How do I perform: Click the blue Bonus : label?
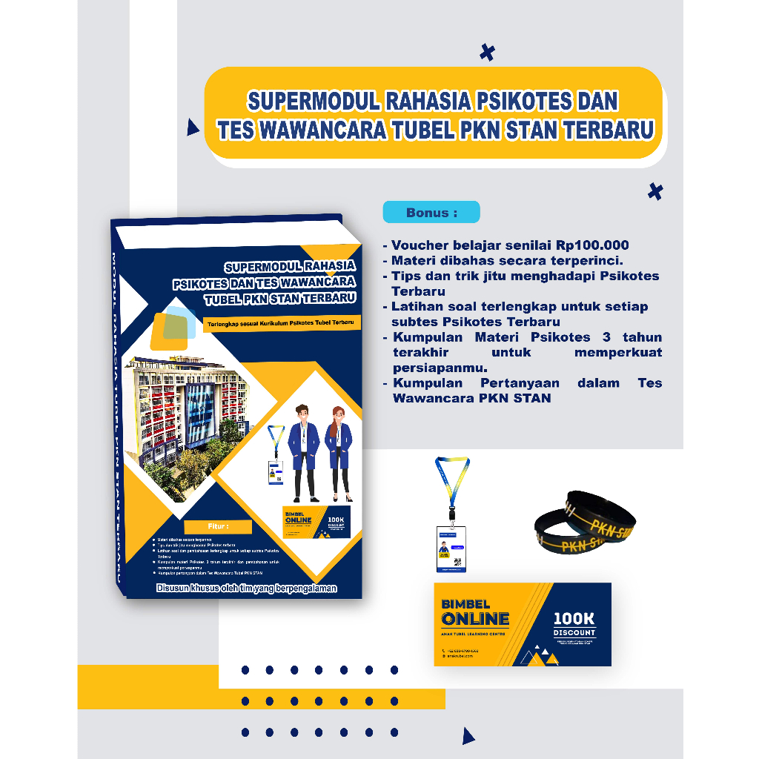pyautogui.click(x=431, y=213)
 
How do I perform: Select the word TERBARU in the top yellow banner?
pyautogui.click(x=609, y=130)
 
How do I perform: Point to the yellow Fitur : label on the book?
pyautogui.click(x=218, y=527)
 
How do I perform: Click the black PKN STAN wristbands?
pyautogui.click(x=586, y=523)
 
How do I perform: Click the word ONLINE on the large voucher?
pyautogui.click(x=475, y=619)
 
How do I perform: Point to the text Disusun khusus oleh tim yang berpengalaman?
pyautogui.click(x=246, y=588)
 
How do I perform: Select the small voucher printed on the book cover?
pyautogui.click(x=316, y=521)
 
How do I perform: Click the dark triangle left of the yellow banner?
pyautogui.click(x=193, y=127)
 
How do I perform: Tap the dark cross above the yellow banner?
pyautogui.click(x=487, y=52)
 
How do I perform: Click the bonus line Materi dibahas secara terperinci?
pyautogui.click(x=507, y=260)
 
